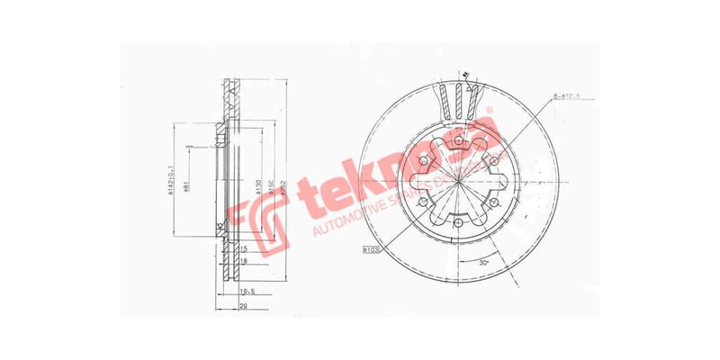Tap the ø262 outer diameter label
(x=282, y=186)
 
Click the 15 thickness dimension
(x=244, y=247)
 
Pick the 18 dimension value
(x=244, y=260)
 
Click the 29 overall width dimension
(x=244, y=307)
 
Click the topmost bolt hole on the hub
(x=458, y=139)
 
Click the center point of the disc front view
(x=458, y=182)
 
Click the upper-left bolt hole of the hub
(x=422, y=161)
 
